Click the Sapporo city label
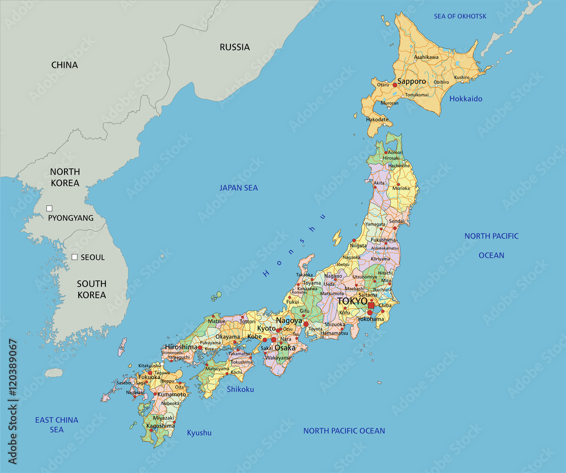click(411, 81)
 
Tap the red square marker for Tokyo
click(371, 306)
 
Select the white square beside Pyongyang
click(49, 208)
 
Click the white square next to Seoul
click(74, 257)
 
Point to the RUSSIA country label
click(234, 48)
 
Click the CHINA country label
click(65, 65)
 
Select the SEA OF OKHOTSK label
click(460, 16)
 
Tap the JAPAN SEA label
click(238, 188)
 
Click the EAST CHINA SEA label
click(57, 425)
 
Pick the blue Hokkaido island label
click(466, 99)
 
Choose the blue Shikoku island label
click(240, 389)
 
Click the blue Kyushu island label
click(199, 433)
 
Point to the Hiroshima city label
click(181, 347)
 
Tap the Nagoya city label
click(289, 320)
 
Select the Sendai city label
click(396, 221)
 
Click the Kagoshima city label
click(160, 425)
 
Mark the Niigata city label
click(358, 246)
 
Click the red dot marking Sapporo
click(395, 85)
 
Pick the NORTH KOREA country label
click(65, 177)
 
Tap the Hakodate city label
click(378, 119)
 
